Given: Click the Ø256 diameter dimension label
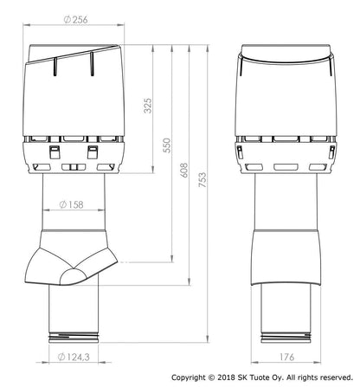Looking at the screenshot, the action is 75,20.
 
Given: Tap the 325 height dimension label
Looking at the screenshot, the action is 148,106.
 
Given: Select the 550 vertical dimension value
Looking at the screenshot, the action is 167,145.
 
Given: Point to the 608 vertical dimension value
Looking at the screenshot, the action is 184,170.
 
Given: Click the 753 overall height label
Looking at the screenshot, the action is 202,179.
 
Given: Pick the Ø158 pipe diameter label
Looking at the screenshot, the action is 71,204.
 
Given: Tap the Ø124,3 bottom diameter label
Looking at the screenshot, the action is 74,357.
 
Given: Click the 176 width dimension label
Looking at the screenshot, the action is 286,357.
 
